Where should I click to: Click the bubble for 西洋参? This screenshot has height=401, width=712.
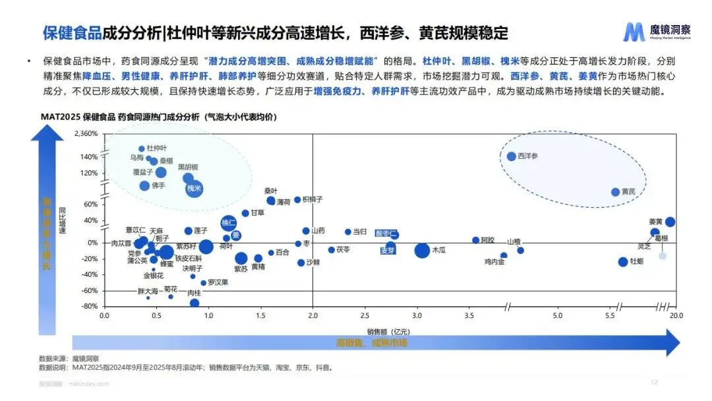pyautogui.click(x=511, y=156)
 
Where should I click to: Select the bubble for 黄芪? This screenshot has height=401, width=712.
pyautogui.click(x=615, y=192)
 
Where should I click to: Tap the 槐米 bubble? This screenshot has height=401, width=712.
pyautogui.click(x=194, y=189)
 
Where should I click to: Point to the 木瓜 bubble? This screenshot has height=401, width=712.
pyautogui.click(x=422, y=250)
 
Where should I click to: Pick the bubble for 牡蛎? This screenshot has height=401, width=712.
pyautogui.click(x=623, y=262)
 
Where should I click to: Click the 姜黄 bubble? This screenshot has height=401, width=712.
pyautogui.click(x=670, y=222)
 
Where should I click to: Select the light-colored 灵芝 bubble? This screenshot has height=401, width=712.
pyautogui.click(x=663, y=256)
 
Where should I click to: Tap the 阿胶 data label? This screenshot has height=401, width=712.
pyautogui.click(x=488, y=240)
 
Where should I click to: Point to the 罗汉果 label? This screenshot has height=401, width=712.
pyautogui.click(x=218, y=282)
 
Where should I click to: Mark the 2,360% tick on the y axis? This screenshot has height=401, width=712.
pyautogui.click(x=84, y=134)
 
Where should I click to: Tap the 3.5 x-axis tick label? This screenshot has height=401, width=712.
pyautogui.click(x=469, y=317)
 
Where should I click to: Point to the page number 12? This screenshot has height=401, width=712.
pyautogui.click(x=654, y=382)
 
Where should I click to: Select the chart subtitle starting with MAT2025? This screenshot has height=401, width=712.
pyautogui.click(x=159, y=117)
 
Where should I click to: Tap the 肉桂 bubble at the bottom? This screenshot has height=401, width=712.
pyautogui.click(x=194, y=303)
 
